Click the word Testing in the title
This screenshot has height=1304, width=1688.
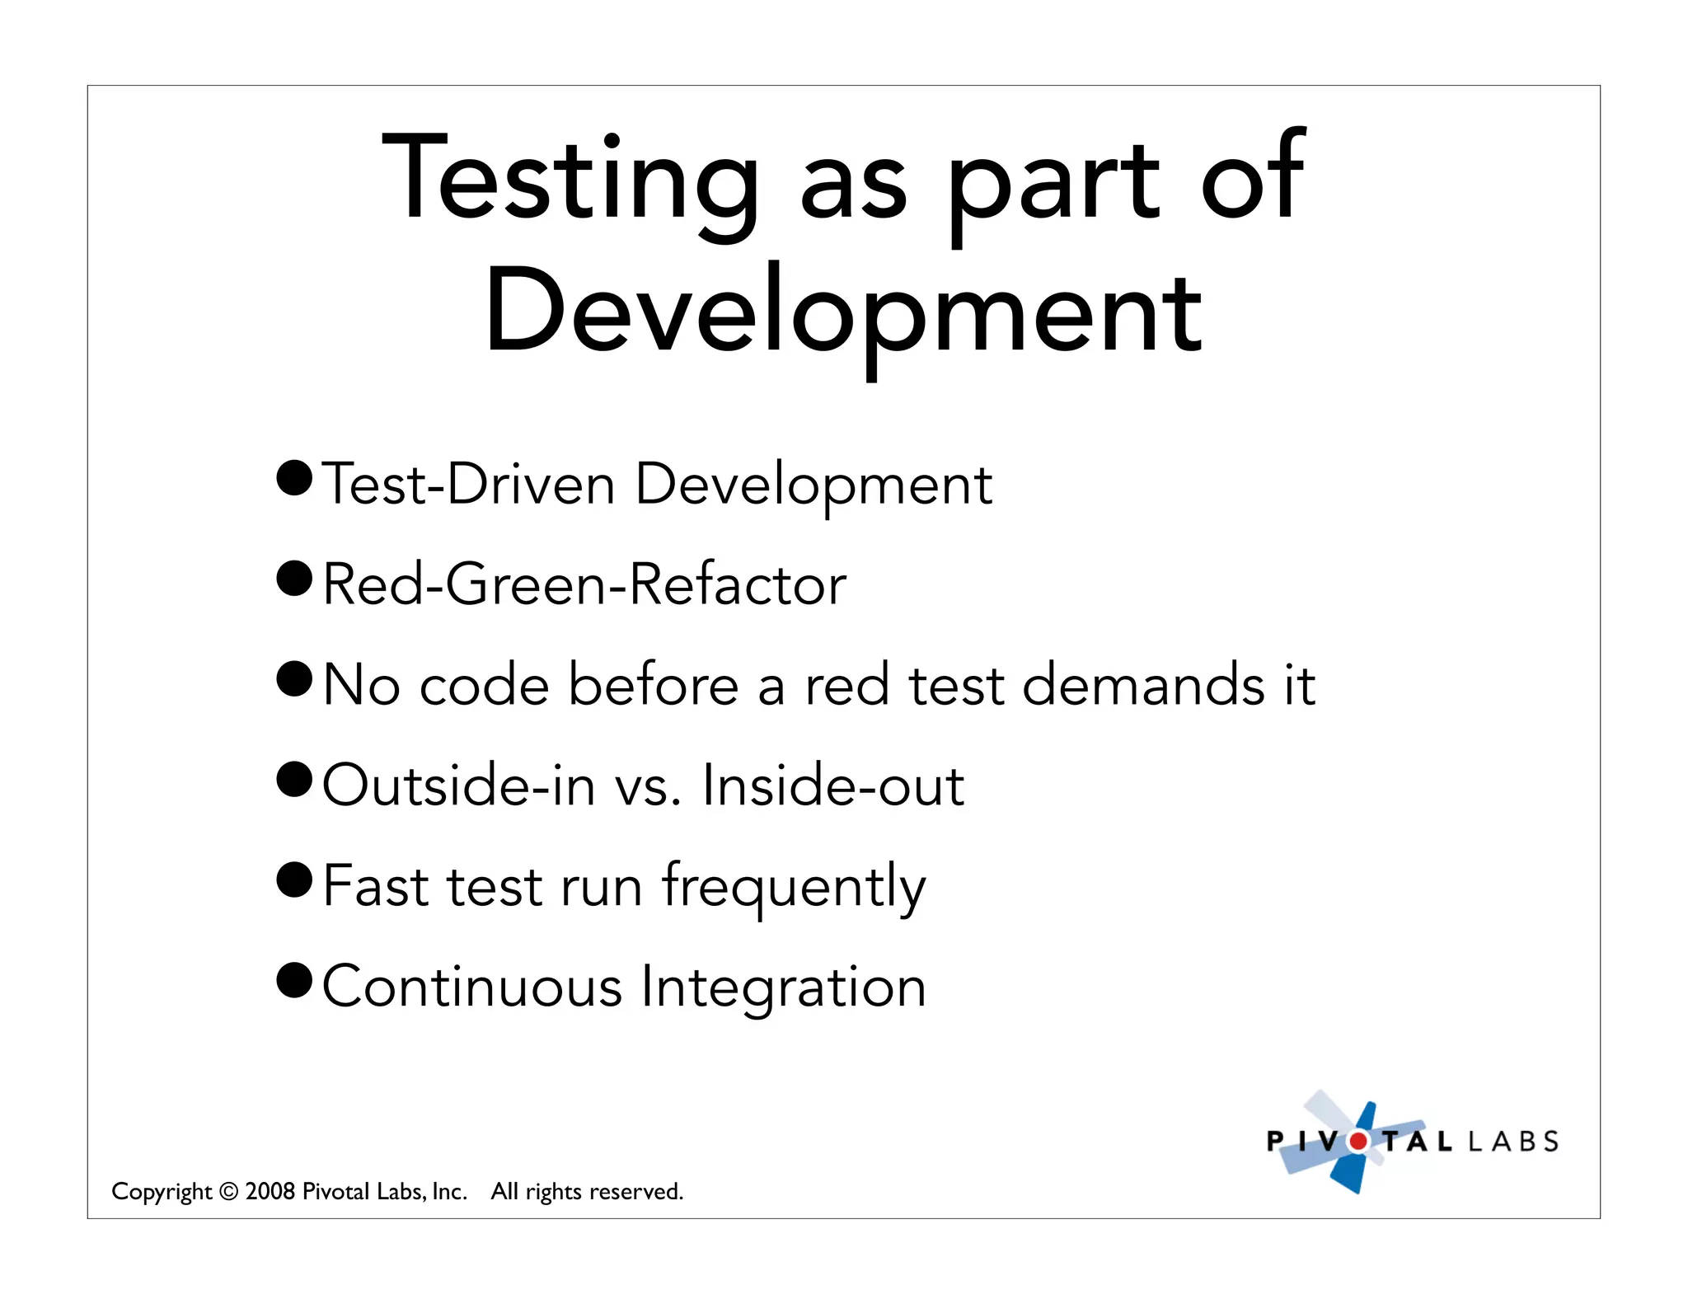[570, 181]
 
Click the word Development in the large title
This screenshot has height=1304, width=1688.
[843, 313]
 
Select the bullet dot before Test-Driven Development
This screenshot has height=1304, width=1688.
[294, 478]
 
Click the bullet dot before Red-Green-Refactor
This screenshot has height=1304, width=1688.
[294, 579]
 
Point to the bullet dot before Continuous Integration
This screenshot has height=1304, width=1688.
[294, 980]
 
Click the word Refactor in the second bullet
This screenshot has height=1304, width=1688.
[737, 584]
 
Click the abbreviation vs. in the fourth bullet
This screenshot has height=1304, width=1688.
[648, 786]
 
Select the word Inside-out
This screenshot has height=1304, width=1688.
[833, 786]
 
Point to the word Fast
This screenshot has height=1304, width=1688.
[375, 886]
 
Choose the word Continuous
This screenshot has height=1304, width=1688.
[471, 987]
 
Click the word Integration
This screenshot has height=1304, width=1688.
[784, 988]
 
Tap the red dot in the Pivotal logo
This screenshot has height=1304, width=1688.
[1357, 1142]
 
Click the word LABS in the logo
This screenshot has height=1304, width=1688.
[1513, 1142]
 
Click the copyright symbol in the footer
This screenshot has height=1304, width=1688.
[229, 1192]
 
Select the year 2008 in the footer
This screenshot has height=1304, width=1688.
[270, 1191]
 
